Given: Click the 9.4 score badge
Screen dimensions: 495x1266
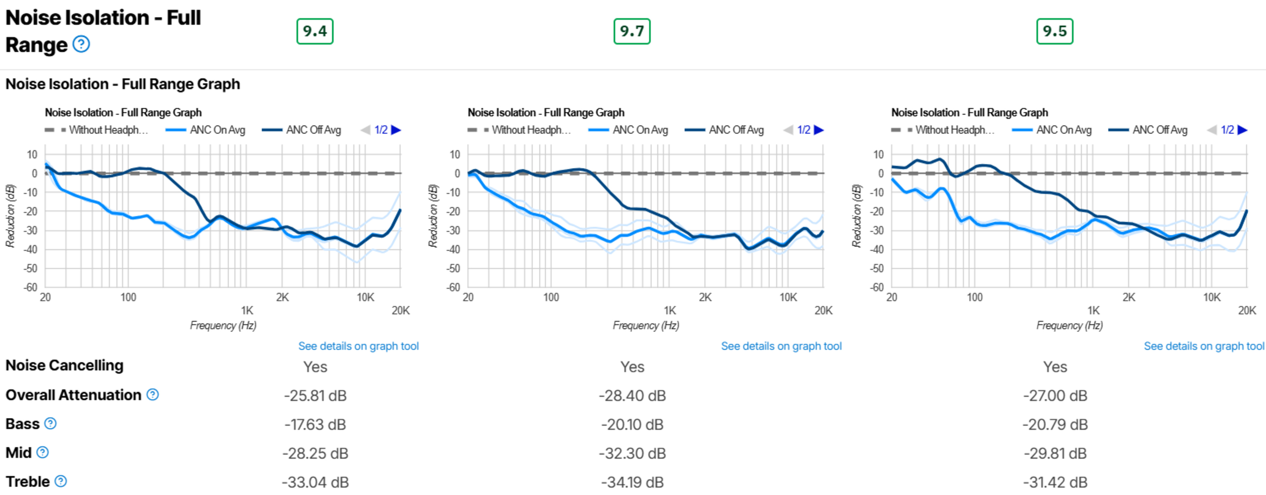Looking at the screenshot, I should coord(315,31).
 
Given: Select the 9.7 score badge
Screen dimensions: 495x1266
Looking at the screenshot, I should coord(632,31).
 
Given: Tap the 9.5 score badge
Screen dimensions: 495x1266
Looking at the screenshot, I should coord(1055,31).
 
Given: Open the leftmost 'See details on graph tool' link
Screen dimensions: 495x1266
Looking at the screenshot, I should coord(358,346).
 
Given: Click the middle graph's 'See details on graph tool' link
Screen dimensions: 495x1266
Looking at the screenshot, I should coord(781,346).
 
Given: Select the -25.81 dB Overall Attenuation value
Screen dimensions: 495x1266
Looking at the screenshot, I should coord(315,396).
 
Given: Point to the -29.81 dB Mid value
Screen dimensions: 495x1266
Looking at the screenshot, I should coord(1055,453).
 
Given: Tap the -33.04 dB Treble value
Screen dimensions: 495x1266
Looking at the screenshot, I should coord(315,482).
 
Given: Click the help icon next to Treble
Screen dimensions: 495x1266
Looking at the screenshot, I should coord(60,481).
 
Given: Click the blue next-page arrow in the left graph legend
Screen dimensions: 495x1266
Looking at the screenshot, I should coord(396,130).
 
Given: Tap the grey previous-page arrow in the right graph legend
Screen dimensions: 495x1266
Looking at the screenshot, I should coord(1212,130).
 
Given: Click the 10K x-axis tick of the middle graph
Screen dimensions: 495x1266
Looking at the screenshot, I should coord(788,298).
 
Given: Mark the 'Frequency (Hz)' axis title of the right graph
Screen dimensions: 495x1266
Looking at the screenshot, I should coord(1070,326).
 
